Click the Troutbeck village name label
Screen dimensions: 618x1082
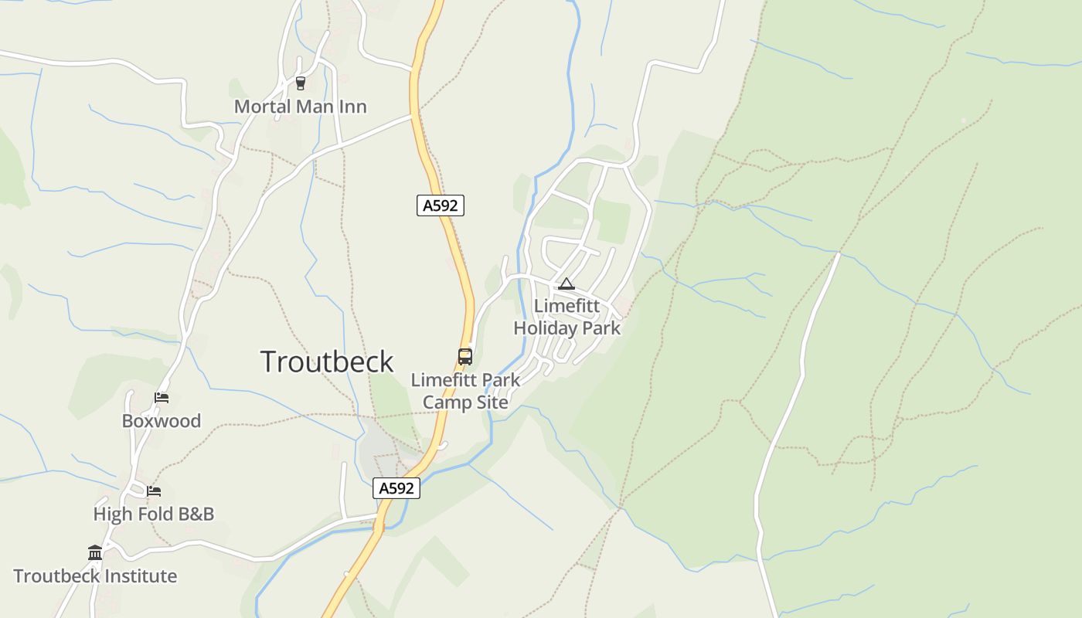[x=327, y=362]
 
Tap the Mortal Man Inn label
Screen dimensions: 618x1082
[x=300, y=107]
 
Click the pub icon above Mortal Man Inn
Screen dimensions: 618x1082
[x=301, y=83]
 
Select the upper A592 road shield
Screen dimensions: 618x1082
[x=441, y=205]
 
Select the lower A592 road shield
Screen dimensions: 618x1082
[x=397, y=488]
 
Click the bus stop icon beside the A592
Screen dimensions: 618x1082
[x=465, y=356]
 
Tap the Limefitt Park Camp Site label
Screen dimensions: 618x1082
[x=465, y=391]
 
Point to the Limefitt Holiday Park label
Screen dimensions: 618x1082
[x=567, y=317]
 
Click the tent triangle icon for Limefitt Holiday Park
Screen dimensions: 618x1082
[x=567, y=284]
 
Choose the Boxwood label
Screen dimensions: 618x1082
[x=162, y=421]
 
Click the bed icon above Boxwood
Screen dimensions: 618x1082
[x=162, y=398]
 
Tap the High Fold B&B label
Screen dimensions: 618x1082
[x=154, y=514]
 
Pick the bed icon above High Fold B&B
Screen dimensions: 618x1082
[x=154, y=491]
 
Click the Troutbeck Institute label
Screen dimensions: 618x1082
[x=95, y=576]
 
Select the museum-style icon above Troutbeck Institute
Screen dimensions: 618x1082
[x=95, y=552]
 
